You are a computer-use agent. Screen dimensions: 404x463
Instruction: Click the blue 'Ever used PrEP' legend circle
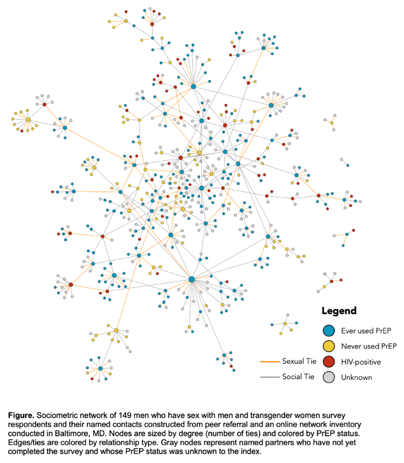pos(329,331)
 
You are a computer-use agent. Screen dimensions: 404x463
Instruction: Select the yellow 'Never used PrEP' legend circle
pos(329,346)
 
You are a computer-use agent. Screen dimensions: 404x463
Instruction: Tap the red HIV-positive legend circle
pos(329,361)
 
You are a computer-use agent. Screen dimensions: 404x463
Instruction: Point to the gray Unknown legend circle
pos(329,377)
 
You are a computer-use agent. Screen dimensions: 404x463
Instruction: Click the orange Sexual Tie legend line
pos(270,361)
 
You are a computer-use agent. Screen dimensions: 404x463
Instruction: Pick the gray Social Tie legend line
pos(270,377)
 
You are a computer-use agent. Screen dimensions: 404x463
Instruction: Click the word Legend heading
pos(339,311)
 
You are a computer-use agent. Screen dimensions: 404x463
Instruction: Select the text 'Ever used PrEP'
pos(366,331)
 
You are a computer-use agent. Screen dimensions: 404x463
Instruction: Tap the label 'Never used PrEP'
pos(369,346)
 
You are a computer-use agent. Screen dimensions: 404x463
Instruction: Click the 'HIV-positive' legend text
pos(361,362)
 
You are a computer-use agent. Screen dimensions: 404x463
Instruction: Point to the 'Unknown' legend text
pos(356,378)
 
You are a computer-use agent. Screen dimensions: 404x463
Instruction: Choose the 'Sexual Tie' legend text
pos(299,361)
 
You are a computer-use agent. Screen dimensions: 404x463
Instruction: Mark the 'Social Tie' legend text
pos(298,377)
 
